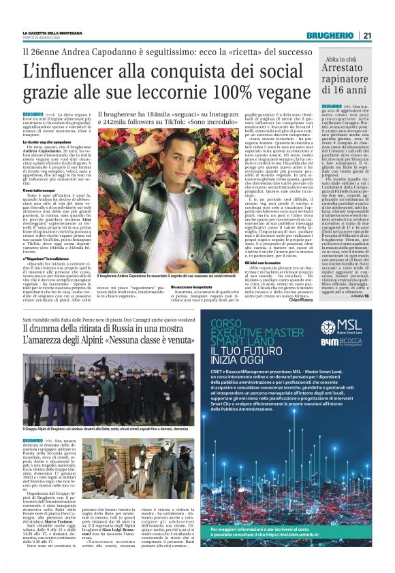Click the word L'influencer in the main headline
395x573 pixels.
62,70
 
